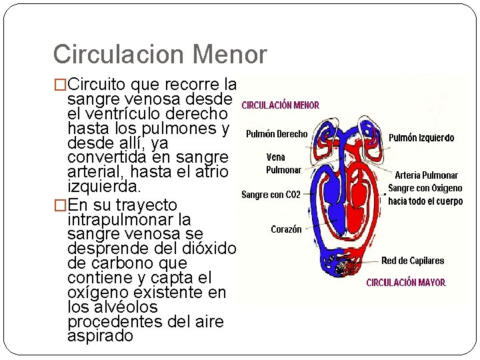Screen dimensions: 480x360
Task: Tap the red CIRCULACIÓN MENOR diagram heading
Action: click(x=280, y=105)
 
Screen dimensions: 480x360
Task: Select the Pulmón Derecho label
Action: click(x=277, y=134)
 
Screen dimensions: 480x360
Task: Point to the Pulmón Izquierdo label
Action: click(x=421, y=138)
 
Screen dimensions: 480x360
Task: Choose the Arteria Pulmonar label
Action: click(x=427, y=175)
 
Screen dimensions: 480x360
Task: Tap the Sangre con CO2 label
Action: click(x=271, y=195)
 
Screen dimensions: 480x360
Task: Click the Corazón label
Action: click(x=286, y=229)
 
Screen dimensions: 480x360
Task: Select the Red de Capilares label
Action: click(x=413, y=261)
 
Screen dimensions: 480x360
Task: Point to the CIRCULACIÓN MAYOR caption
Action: click(x=405, y=283)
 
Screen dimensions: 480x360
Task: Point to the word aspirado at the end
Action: click(x=100, y=337)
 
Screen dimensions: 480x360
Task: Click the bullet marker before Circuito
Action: click(x=60, y=85)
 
